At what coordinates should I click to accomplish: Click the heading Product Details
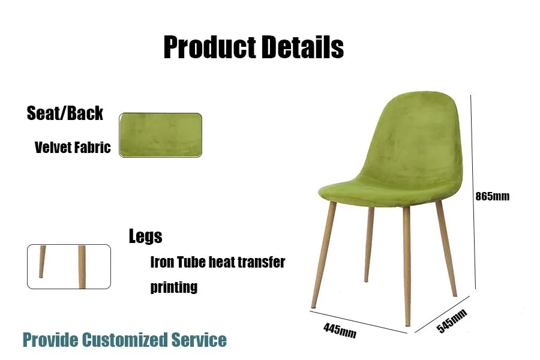pos(253,47)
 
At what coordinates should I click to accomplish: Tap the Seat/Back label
pos(65,113)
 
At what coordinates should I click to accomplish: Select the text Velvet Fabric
pos(73,148)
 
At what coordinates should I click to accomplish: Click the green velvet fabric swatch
pos(160,135)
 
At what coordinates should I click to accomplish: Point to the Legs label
pos(145,236)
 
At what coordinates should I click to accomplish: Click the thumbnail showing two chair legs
pos(69,266)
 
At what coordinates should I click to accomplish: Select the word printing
pos(173,287)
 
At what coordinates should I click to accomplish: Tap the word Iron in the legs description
pos(161,262)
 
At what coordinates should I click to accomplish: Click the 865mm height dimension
pos(492,196)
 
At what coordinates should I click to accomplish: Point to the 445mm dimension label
pos(340,329)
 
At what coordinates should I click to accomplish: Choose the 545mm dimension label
pos(452,322)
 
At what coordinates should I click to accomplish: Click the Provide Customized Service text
pos(125,340)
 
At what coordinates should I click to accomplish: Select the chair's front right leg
pos(407,264)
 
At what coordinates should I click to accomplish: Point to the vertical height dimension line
pos(473,192)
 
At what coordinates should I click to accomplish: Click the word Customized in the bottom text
pos(124,340)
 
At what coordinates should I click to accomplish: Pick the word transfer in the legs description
pos(260,262)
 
